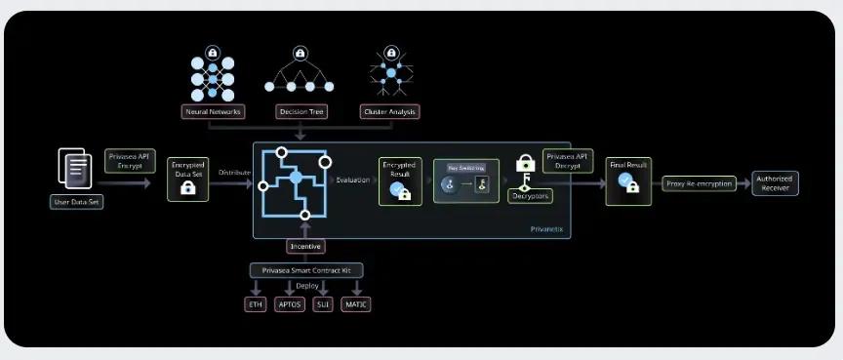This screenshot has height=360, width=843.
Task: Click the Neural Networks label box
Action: pyautogui.click(x=214, y=111)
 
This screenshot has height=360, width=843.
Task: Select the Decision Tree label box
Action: pyautogui.click(x=301, y=111)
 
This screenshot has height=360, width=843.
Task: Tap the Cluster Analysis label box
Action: pyautogui.click(x=390, y=111)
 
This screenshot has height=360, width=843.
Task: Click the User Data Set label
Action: pyautogui.click(x=76, y=202)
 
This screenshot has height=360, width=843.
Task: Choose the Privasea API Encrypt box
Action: pyautogui.click(x=130, y=161)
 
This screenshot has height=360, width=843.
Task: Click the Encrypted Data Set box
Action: pyautogui.click(x=188, y=179)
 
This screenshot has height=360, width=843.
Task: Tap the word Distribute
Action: pyautogui.click(x=234, y=172)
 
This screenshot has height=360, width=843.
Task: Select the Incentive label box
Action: pyautogui.click(x=306, y=247)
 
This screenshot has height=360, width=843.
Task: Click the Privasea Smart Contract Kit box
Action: pyautogui.click(x=305, y=270)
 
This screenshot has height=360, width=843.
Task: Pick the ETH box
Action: pyautogui.click(x=255, y=304)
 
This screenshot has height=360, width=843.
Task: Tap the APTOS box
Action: pyautogui.click(x=290, y=304)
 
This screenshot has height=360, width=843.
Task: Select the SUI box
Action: pyautogui.click(x=323, y=304)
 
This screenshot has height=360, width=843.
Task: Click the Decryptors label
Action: pyautogui.click(x=530, y=196)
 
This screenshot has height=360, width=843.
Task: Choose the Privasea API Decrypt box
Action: pyautogui.click(x=566, y=161)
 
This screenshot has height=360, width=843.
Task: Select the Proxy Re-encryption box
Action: pyautogui.click(x=700, y=182)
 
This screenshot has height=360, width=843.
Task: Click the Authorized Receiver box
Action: pyautogui.click(x=776, y=182)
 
